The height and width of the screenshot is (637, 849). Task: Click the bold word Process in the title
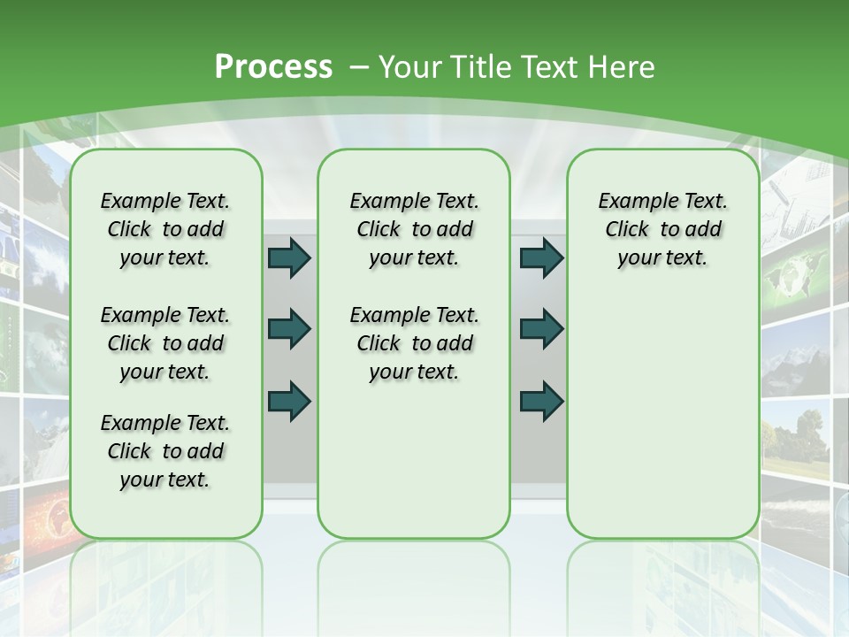point(273,67)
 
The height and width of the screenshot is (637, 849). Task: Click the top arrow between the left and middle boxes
point(289,257)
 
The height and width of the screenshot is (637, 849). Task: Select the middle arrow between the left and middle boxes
point(289,329)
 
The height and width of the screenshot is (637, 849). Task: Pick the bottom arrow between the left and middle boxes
point(289,401)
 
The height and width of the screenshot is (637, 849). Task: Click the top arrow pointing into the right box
point(541,257)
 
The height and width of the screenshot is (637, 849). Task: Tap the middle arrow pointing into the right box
point(541,329)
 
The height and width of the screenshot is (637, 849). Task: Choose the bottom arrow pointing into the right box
point(541,401)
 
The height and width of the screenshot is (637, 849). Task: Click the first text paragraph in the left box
point(165,229)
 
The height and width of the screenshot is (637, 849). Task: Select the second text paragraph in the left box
point(165,343)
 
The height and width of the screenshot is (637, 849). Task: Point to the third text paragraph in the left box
point(165,451)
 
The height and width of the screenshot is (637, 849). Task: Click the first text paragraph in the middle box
point(414,229)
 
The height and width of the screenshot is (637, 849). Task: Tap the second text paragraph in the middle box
point(414,343)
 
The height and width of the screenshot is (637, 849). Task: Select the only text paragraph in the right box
point(662,229)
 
